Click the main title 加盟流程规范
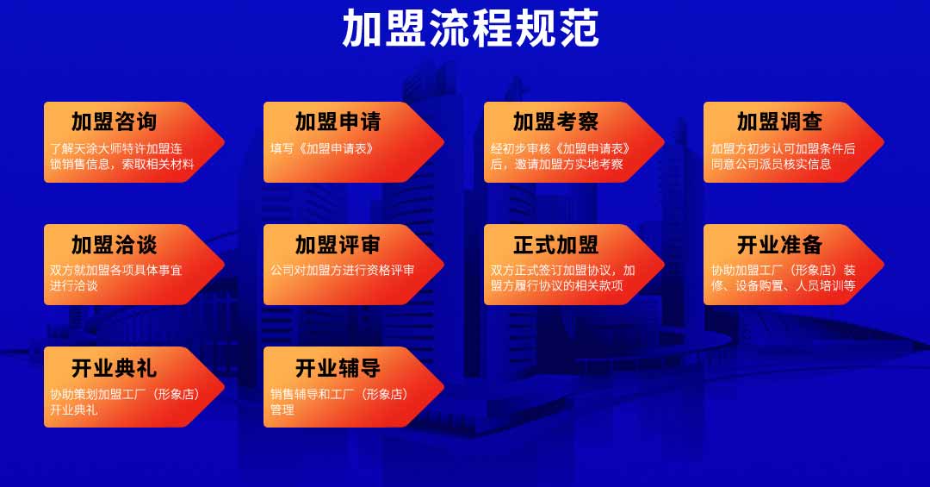click(x=470, y=28)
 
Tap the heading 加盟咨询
click(x=114, y=122)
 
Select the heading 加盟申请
click(x=338, y=122)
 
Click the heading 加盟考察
click(x=555, y=122)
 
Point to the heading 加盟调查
click(x=779, y=122)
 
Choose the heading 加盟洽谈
click(x=114, y=245)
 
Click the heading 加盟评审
click(x=338, y=245)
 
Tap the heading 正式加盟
click(x=555, y=245)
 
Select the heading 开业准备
click(x=779, y=245)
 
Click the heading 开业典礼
click(x=114, y=368)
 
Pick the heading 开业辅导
click(x=338, y=368)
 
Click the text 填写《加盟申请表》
click(x=323, y=148)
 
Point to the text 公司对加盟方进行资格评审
click(x=342, y=271)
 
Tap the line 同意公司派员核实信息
click(x=771, y=164)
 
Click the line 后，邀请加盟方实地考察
click(x=557, y=164)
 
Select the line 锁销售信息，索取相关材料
click(x=122, y=164)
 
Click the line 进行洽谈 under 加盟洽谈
click(x=73, y=285)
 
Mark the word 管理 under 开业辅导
click(x=282, y=409)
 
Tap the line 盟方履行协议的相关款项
click(x=557, y=285)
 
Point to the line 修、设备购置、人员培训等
click(x=783, y=285)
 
